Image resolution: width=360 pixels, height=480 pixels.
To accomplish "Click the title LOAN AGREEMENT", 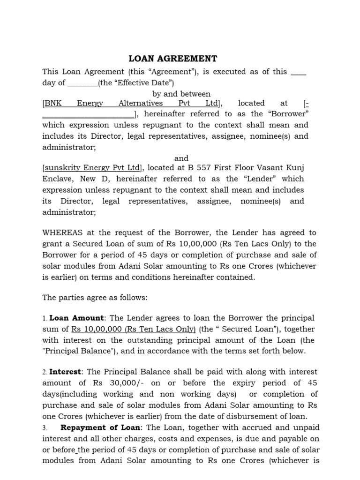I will point(173,59).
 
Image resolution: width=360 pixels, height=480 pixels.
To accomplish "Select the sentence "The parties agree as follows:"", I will point(95,297).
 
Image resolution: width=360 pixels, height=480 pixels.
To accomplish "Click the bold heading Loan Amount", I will point(76,318).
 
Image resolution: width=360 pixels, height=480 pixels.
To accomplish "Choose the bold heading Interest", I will point(66,372).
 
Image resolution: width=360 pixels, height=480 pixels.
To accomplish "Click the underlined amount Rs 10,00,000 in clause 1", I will point(96,329).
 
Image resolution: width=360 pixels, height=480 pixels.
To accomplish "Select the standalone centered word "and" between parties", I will point(181,158).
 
